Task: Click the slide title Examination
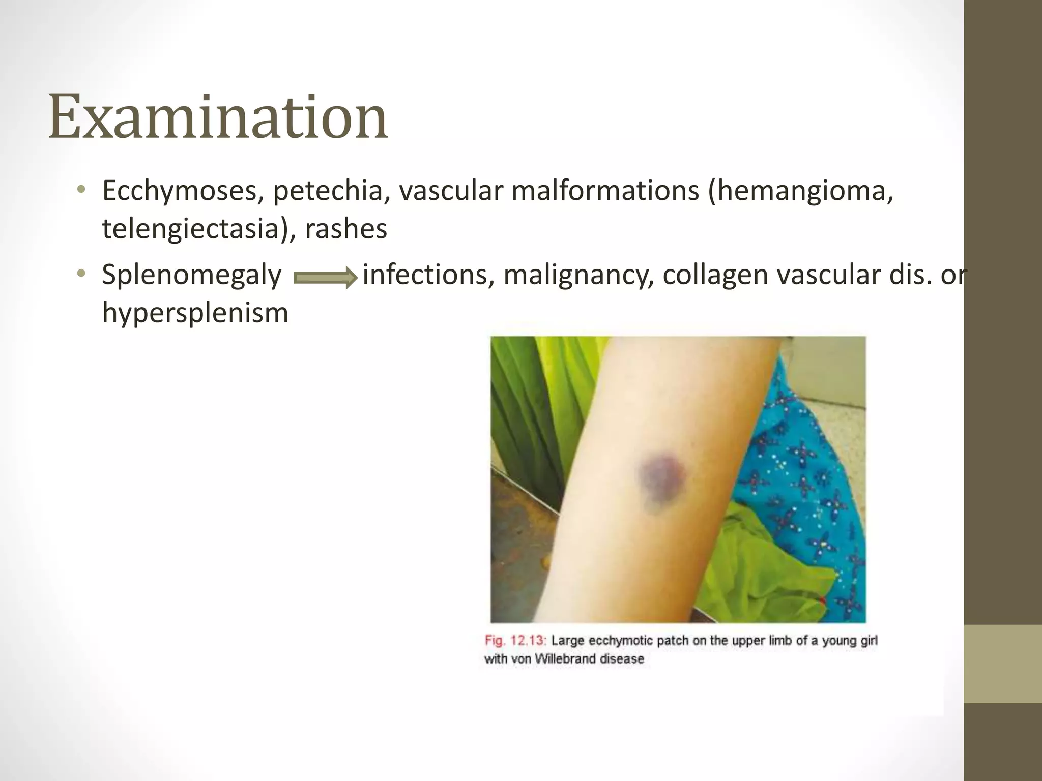tap(218, 118)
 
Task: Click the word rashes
tap(346, 229)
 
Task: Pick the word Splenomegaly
tap(191, 276)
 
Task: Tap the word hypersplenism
tap(195, 312)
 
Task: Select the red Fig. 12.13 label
tap(515, 640)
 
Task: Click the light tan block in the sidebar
tap(1002, 664)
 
